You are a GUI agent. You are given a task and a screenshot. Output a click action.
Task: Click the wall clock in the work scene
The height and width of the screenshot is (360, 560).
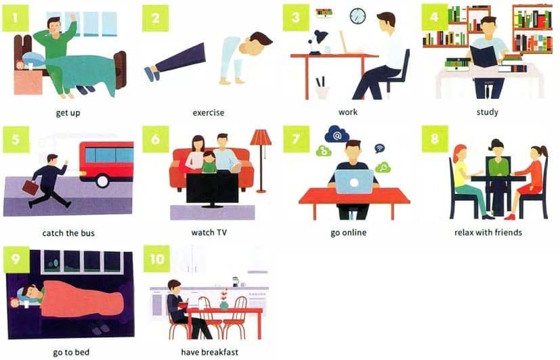pos(358,16)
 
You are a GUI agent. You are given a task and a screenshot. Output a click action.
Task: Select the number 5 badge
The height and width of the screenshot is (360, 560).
pos(16,139)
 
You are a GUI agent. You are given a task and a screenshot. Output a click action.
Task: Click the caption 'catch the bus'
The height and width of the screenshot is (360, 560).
pos(68,233)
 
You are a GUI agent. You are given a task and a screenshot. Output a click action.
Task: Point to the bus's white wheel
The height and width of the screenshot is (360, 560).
pos(102,181)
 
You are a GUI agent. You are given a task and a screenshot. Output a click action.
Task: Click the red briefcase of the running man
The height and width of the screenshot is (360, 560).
pos(30,187)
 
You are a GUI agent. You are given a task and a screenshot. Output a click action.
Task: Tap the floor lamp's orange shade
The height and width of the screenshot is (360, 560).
pos(260,137)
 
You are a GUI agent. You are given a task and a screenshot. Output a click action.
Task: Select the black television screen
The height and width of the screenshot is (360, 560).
pos(212,188)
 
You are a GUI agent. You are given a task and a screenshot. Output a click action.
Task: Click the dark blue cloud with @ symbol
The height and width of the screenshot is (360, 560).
pos(337,134)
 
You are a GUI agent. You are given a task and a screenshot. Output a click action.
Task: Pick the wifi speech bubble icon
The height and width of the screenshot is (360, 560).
pos(379,148)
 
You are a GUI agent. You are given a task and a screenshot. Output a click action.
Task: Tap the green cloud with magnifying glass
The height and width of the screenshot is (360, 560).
pos(383,167)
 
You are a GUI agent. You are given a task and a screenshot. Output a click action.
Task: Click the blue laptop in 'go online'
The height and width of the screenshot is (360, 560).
pos(354,182)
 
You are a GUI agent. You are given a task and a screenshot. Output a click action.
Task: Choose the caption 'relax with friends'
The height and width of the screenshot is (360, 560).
pos(488,233)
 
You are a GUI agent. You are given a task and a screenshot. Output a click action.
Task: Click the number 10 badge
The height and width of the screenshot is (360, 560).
pos(157,259)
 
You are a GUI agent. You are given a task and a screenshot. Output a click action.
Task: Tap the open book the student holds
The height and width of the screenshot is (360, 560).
pos(483,57)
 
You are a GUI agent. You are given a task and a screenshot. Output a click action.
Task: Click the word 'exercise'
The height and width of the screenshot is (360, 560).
pos(209,113)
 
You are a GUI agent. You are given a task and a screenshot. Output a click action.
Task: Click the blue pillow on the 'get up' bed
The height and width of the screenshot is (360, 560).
pos(34,58)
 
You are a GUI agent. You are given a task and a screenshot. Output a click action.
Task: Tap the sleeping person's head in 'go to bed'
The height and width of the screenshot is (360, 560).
pos(30,292)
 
